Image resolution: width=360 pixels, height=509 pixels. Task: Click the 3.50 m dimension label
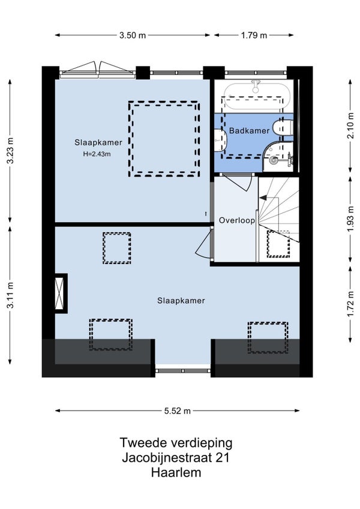(x=133, y=35)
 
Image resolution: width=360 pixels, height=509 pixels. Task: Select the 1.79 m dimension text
(x=254, y=35)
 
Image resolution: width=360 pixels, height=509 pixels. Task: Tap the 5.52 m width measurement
(x=177, y=411)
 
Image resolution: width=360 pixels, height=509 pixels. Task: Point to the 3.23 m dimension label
(x=10, y=151)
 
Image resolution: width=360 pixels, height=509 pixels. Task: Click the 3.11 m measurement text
(x=10, y=295)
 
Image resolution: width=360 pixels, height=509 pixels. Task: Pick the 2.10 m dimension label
(x=350, y=125)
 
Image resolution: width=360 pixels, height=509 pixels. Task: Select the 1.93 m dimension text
(x=350, y=220)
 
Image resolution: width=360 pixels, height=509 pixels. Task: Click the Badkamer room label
(x=250, y=131)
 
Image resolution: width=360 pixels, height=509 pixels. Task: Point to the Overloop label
(x=236, y=220)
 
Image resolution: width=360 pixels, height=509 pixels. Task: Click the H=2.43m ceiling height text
(x=97, y=154)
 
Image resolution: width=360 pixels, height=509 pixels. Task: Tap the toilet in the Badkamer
(x=283, y=128)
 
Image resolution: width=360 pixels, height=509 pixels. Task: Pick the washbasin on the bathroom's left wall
(x=221, y=140)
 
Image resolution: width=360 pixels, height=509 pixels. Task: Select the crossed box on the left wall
(x=61, y=294)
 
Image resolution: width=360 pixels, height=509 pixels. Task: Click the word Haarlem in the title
(x=176, y=472)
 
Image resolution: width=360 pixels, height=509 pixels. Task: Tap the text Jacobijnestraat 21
(x=176, y=458)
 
